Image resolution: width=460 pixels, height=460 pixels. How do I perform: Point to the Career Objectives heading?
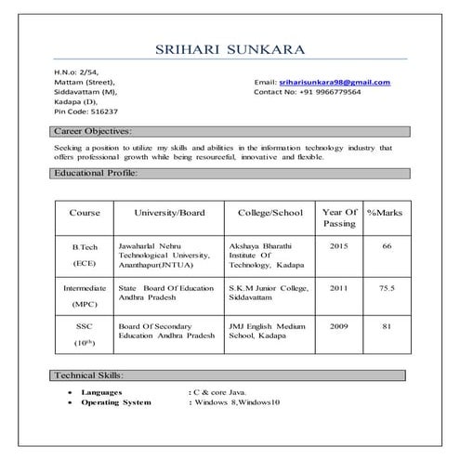(93, 132)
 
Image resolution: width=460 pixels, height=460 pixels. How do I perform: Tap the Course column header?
(85, 213)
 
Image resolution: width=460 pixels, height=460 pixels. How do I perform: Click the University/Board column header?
(169, 213)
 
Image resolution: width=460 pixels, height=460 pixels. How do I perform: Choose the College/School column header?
(270, 213)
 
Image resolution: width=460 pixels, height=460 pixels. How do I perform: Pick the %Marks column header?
(385, 213)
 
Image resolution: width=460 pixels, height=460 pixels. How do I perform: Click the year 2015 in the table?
(338, 246)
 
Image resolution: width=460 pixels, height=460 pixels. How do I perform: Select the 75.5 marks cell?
(387, 288)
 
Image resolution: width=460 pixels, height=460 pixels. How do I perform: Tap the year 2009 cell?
(338, 326)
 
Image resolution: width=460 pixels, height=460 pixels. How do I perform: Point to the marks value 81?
(387, 326)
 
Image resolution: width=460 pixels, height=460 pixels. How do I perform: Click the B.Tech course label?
(85, 247)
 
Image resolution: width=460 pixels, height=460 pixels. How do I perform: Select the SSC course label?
(85, 327)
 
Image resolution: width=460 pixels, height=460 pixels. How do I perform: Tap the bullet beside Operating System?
(72, 401)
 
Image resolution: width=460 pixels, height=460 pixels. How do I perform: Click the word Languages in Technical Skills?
(102, 393)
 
